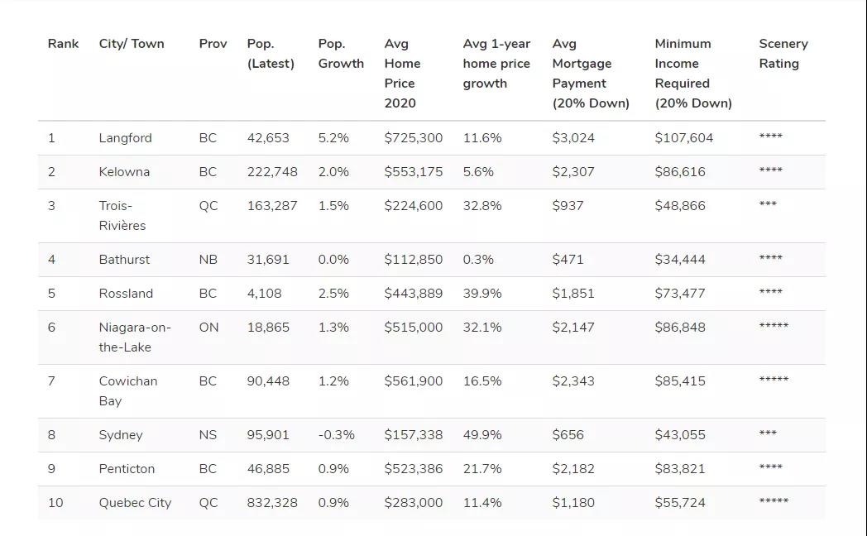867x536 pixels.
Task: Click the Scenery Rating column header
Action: coord(783,54)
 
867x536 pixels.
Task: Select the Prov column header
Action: coord(213,44)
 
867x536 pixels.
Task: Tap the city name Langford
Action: coord(125,138)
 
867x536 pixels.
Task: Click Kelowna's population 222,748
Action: coord(272,172)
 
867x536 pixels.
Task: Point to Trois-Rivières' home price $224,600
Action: coord(413,206)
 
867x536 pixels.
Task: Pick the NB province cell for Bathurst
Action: coord(208,259)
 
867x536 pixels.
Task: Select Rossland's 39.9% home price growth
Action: coord(482,294)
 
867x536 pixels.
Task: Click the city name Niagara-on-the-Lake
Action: coord(135,337)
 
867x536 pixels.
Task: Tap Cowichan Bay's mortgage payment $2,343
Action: coord(572,380)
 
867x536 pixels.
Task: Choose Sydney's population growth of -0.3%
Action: coord(336,435)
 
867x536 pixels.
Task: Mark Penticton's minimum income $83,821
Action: coord(679,468)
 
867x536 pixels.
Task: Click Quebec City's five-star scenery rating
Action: coord(774,500)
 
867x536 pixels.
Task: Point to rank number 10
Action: coord(55,503)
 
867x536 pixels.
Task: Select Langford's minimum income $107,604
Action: coord(683,138)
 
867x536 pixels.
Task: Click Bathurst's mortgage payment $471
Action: coord(568,259)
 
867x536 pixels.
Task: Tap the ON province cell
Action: coord(208,327)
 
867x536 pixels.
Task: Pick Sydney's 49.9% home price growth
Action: coord(482,435)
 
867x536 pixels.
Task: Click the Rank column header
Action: coord(63,44)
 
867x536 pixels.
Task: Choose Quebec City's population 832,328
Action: coord(272,503)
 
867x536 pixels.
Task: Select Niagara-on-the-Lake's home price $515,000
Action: coord(413,327)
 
